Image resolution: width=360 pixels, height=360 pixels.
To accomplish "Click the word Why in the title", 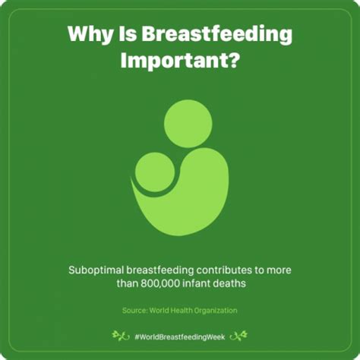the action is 90,34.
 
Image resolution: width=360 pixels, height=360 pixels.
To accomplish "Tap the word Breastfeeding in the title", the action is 216,34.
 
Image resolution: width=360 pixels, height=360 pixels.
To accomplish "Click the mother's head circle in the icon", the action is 188,124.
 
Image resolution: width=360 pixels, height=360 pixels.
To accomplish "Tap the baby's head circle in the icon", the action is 155,172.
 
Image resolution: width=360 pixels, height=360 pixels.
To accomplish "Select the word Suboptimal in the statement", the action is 96,270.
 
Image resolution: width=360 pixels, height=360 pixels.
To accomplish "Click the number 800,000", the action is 160,283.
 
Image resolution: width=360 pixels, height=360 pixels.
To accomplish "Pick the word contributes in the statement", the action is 224,270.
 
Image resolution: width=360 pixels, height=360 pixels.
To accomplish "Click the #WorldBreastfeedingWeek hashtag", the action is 180,337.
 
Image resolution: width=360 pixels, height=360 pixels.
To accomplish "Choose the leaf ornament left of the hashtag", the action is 121,336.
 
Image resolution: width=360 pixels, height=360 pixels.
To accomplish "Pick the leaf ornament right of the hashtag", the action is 238,336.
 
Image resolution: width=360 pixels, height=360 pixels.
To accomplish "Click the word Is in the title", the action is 128,33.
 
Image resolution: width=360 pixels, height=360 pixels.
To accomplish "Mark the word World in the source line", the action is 159,311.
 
